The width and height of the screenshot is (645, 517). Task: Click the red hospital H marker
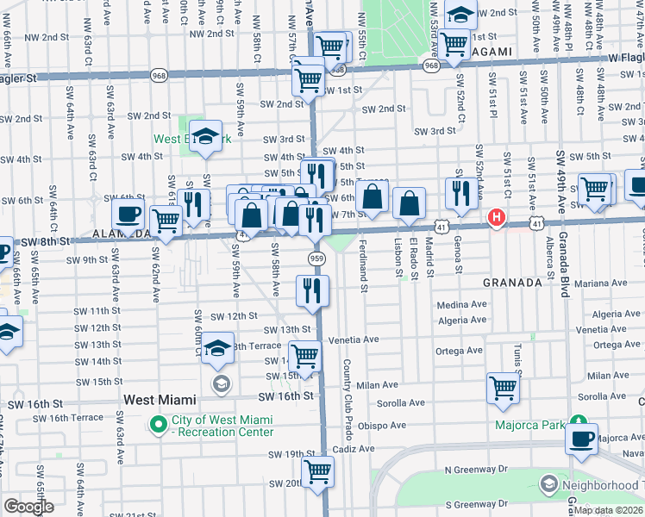click(497, 219)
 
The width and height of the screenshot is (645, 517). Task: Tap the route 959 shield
click(316, 258)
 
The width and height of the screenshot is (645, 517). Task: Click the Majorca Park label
click(529, 425)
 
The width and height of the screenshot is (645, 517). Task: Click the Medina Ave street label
click(462, 304)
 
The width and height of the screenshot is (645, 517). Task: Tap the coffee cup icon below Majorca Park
click(582, 438)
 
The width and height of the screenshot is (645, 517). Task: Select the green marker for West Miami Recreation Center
click(158, 425)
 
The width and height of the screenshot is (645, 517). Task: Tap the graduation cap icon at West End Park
click(205, 138)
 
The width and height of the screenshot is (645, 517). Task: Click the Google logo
click(28, 506)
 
